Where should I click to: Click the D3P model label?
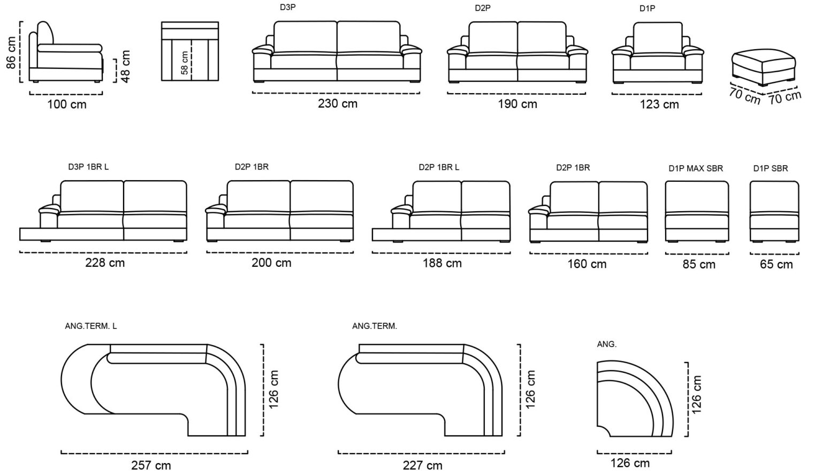coord(288,7)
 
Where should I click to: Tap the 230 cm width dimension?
coord(338,104)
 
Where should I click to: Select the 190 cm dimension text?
coord(517,104)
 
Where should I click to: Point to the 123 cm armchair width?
coord(659,104)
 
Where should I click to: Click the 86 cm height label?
coord(11,52)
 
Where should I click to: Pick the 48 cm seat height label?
coord(125,66)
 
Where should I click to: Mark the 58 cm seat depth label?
coord(185,63)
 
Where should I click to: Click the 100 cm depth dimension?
coord(67,104)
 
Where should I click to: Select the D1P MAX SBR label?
coord(696,168)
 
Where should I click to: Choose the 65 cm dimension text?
coord(776,264)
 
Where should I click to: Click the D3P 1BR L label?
coord(88,167)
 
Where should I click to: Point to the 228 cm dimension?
coord(105,263)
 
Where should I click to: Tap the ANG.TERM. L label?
coord(91,326)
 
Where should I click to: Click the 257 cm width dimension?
coord(151,466)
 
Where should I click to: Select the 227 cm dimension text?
coord(423,466)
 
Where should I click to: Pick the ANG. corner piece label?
coord(606,344)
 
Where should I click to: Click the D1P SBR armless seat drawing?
coord(774,212)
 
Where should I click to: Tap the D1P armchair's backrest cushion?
coord(658,38)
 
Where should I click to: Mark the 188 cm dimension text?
coord(442,263)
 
